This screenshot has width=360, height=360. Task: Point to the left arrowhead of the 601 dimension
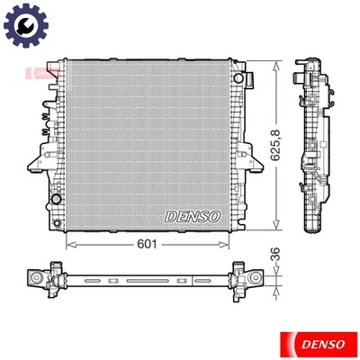click(71, 244)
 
